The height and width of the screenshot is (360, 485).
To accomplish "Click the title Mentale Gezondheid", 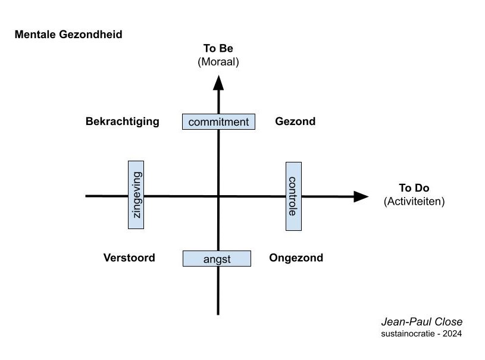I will [68, 35].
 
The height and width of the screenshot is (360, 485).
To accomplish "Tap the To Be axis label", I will [218, 49].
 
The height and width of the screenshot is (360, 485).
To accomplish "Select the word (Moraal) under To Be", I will [218, 61].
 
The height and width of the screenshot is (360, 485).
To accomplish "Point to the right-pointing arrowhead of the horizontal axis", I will [361, 196].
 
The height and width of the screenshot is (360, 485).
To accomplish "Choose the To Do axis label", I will [414, 188].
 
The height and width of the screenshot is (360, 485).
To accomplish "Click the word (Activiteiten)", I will [414, 201].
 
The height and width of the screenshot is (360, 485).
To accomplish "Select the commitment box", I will [218, 122].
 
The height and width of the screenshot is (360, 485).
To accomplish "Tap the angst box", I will [215, 259].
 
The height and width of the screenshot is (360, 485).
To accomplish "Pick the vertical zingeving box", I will [136, 195].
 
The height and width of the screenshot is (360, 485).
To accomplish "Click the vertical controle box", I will [293, 196].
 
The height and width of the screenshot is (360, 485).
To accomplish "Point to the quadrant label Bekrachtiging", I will [123, 121].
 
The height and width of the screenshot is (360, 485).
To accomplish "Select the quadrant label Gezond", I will [295, 121].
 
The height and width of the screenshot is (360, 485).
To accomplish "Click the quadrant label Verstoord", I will [129, 258].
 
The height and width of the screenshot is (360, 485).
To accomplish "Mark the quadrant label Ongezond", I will [296, 258].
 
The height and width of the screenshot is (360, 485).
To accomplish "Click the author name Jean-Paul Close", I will [422, 322].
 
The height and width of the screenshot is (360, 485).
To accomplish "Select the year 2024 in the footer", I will [450, 333].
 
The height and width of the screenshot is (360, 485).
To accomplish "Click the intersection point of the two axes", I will [218, 196].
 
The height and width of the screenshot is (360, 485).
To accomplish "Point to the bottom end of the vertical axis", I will [218, 313].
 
